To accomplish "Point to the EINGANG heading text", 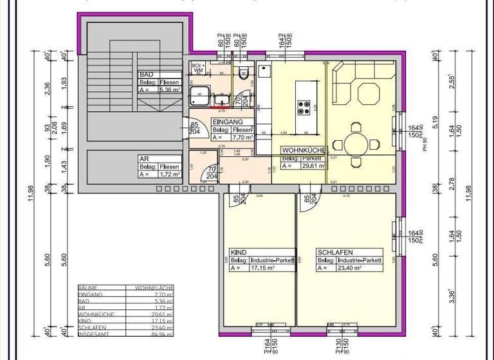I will click(x=228, y=122).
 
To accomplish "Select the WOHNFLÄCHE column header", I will click(x=149, y=287).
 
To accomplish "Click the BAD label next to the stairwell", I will click(x=145, y=75).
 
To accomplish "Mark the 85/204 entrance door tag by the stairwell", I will click(x=194, y=129).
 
